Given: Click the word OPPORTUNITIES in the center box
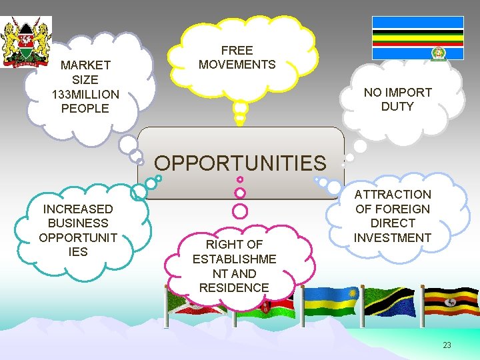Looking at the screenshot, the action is click(241, 163).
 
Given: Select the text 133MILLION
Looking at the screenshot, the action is click(85, 94).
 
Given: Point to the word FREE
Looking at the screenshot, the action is click(237, 51).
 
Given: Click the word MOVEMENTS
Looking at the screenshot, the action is click(237, 65).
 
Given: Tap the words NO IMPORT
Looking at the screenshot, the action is click(397, 92).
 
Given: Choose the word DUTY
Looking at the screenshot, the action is click(397, 107).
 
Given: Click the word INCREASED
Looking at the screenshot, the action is click(78, 209).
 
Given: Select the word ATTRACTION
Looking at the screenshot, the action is click(393, 194).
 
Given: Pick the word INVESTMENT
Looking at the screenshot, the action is click(393, 237).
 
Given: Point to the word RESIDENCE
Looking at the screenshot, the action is click(233, 288).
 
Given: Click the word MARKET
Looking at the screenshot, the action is click(85, 65).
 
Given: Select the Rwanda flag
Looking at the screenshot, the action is click(331, 301).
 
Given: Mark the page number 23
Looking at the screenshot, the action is click(447, 345).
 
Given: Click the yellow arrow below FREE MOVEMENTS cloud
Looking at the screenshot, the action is click(239, 119).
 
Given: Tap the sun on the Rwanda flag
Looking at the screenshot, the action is click(351, 294).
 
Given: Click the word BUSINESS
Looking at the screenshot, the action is click(78, 223).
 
